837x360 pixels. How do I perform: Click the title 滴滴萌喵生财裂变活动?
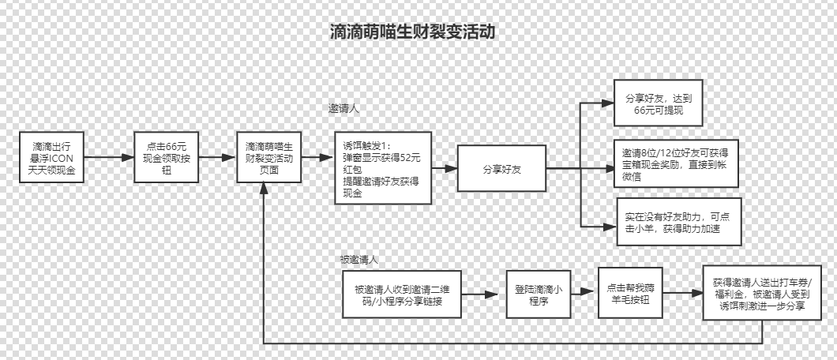click(x=413, y=32)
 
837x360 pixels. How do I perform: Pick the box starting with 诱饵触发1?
click(x=382, y=168)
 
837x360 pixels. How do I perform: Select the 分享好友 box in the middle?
click(x=502, y=168)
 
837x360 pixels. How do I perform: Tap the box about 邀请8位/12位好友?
click(x=675, y=163)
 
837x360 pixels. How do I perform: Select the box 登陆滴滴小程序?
click(x=537, y=294)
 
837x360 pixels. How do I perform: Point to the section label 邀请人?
click(x=344, y=108)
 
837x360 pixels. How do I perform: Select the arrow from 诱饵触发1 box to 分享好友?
click(x=445, y=168)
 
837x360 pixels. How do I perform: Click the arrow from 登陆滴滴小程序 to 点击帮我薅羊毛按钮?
click(x=582, y=294)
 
